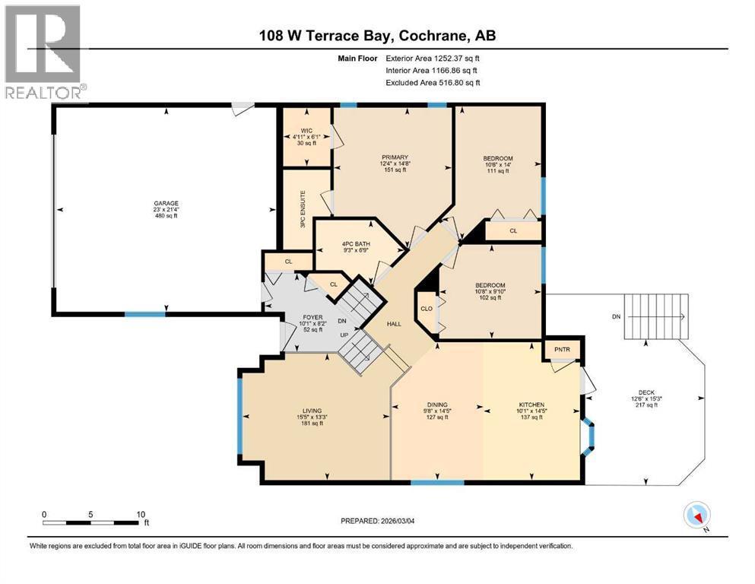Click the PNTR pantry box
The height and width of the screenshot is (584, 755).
pos(562,350)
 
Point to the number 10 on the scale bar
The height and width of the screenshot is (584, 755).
pos(141,514)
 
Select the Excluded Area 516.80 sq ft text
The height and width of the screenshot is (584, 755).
pos(433,82)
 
